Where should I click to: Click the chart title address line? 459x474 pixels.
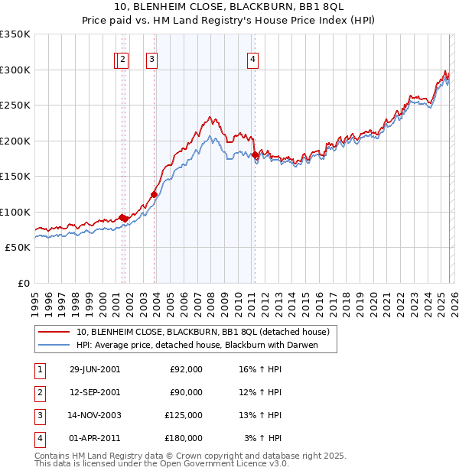click(229, 7)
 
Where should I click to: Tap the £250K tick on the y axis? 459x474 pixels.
click(15, 106)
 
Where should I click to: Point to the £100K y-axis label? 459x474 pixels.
click(15, 212)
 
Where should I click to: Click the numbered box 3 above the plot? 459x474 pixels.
click(152, 60)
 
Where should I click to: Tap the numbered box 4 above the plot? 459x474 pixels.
click(252, 60)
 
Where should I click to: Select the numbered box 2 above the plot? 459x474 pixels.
click(123, 60)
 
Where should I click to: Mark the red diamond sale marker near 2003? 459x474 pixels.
click(155, 194)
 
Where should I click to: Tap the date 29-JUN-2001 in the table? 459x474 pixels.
click(95, 369)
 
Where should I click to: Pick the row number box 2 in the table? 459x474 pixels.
click(39, 392)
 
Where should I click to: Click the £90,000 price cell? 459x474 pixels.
click(186, 392)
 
